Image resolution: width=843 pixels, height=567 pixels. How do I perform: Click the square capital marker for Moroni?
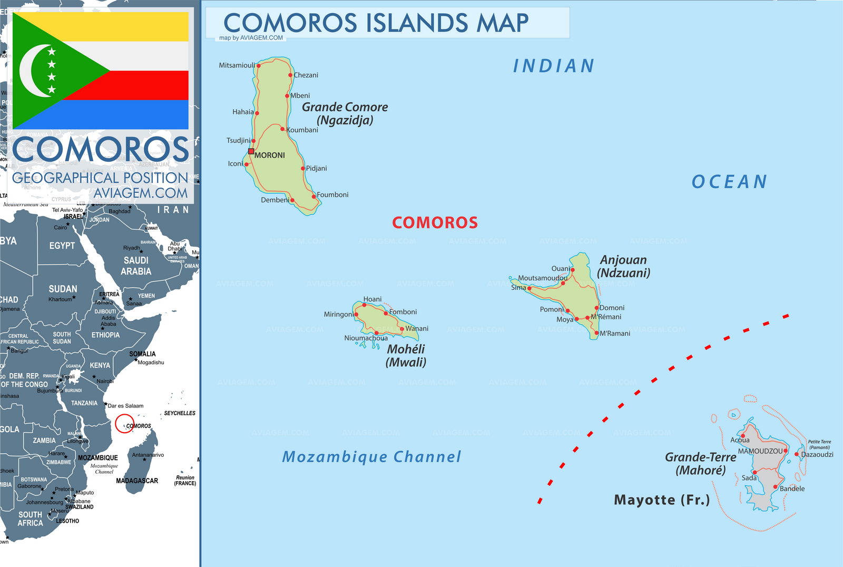[x=251, y=152]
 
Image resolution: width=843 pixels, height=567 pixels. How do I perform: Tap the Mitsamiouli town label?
[x=237, y=65]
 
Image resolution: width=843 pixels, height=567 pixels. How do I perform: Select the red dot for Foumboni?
[x=314, y=197]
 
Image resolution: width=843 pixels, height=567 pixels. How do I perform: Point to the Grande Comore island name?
[x=345, y=107]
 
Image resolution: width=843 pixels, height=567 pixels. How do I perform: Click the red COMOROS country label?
[x=435, y=222]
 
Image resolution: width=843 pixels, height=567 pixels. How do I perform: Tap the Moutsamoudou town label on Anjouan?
[x=542, y=278]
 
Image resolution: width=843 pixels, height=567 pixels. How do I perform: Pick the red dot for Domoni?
[x=597, y=308]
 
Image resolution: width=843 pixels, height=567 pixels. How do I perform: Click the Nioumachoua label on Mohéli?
[x=366, y=338]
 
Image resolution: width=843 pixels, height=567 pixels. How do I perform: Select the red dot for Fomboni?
[x=386, y=313]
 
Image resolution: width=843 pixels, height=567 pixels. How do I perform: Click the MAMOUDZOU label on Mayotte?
[x=760, y=451]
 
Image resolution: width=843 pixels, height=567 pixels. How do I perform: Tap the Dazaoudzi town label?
[x=817, y=454]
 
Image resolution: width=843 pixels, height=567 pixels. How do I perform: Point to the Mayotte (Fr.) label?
[x=662, y=500]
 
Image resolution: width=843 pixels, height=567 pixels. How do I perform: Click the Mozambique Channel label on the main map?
[x=371, y=457]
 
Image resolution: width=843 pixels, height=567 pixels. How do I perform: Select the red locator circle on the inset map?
[x=124, y=424]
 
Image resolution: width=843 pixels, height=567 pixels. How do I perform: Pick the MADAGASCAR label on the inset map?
[x=137, y=481]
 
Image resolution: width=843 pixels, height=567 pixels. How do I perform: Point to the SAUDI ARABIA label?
[x=136, y=266]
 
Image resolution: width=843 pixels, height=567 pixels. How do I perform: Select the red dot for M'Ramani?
[x=596, y=333]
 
